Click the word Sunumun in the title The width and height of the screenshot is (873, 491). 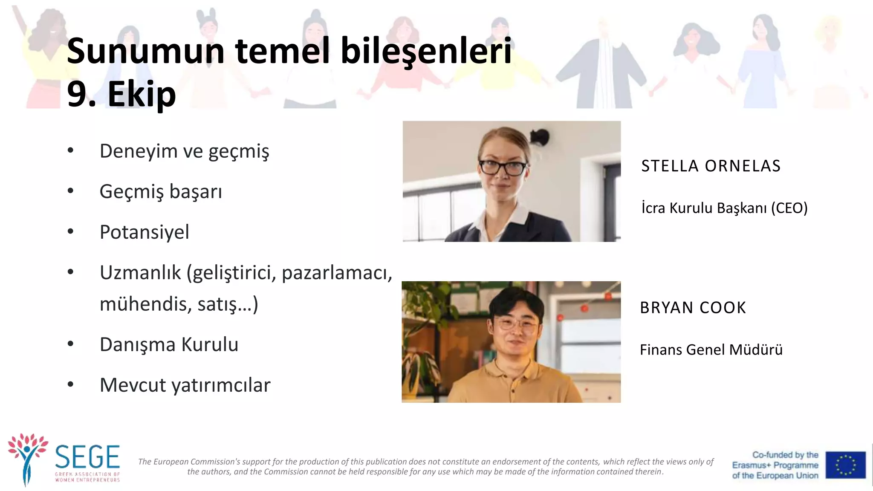[145, 51]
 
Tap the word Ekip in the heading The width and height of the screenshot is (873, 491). [142, 94]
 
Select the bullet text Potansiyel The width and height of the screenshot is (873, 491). [144, 232]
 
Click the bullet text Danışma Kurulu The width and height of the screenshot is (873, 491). [169, 344]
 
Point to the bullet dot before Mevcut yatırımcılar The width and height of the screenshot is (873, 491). [71, 384]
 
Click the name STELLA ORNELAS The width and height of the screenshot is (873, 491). [711, 166]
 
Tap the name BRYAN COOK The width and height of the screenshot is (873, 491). [693, 308]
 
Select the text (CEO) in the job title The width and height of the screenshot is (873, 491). [789, 208]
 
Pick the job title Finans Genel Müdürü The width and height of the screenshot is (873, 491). [711, 350]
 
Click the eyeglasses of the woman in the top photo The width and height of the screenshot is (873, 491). [503, 167]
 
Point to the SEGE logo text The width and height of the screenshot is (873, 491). [87, 457]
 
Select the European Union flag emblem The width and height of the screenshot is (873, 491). [845, 465]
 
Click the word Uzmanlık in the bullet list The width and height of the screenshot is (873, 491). [140, 273]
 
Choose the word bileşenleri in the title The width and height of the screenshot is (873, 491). [426, 51]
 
